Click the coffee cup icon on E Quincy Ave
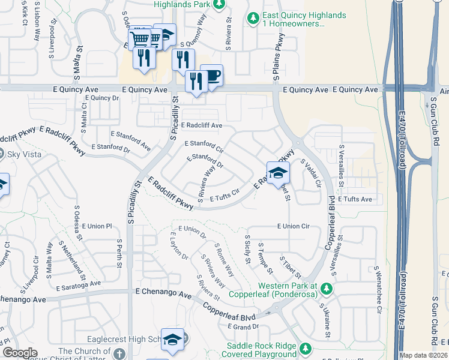coord(212,75)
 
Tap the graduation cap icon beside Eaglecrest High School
coord(172,340)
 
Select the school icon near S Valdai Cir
coord(278,173)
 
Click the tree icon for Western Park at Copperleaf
coord(326,289)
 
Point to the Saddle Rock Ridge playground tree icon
coord(306,349)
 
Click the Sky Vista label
coord(21,154)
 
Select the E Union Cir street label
coord(293,226)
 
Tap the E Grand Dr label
coord(243,326)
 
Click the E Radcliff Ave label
coord(200,125)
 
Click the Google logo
coord(20,353)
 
